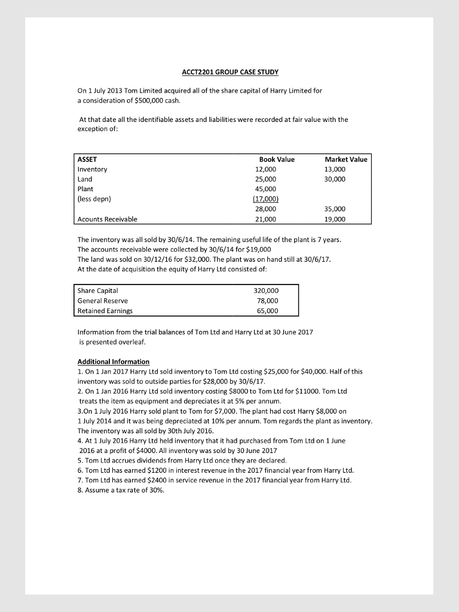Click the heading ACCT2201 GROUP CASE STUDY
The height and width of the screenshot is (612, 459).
[230, 72]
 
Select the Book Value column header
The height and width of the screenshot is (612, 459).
[277, 160]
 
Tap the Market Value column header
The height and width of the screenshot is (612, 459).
[345, 160]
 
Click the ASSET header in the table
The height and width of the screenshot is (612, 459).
[88, 160]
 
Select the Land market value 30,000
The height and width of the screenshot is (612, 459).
[335, 179]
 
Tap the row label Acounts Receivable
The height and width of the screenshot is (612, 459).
[108, 219]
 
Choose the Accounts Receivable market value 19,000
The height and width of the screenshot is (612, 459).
[335, 219]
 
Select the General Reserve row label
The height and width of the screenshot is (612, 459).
[103, 301]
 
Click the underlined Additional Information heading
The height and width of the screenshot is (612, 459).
[114, 362]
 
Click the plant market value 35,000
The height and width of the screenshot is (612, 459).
[335, 209]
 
